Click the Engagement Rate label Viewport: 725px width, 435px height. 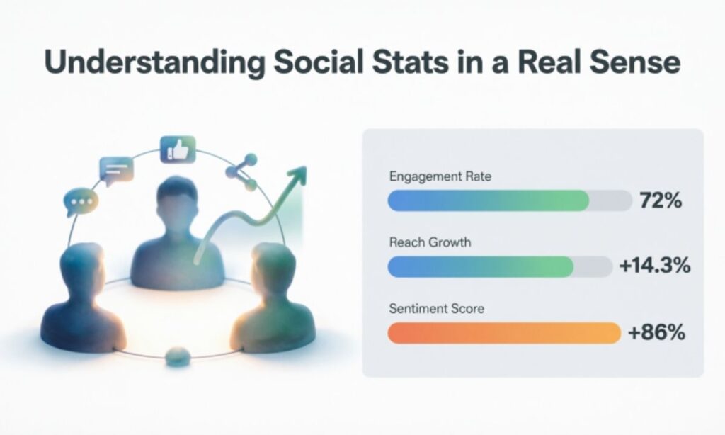440,176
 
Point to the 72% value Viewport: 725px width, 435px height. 660,201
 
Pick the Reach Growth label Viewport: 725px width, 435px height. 430,242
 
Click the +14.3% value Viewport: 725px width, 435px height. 653,267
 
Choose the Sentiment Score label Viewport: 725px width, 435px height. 435,309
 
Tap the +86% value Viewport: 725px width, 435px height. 657,332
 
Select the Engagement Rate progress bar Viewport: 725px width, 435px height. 489,201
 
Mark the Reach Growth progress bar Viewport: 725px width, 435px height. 481,266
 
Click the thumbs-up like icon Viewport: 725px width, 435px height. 178,149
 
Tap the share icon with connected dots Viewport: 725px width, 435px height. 241,172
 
